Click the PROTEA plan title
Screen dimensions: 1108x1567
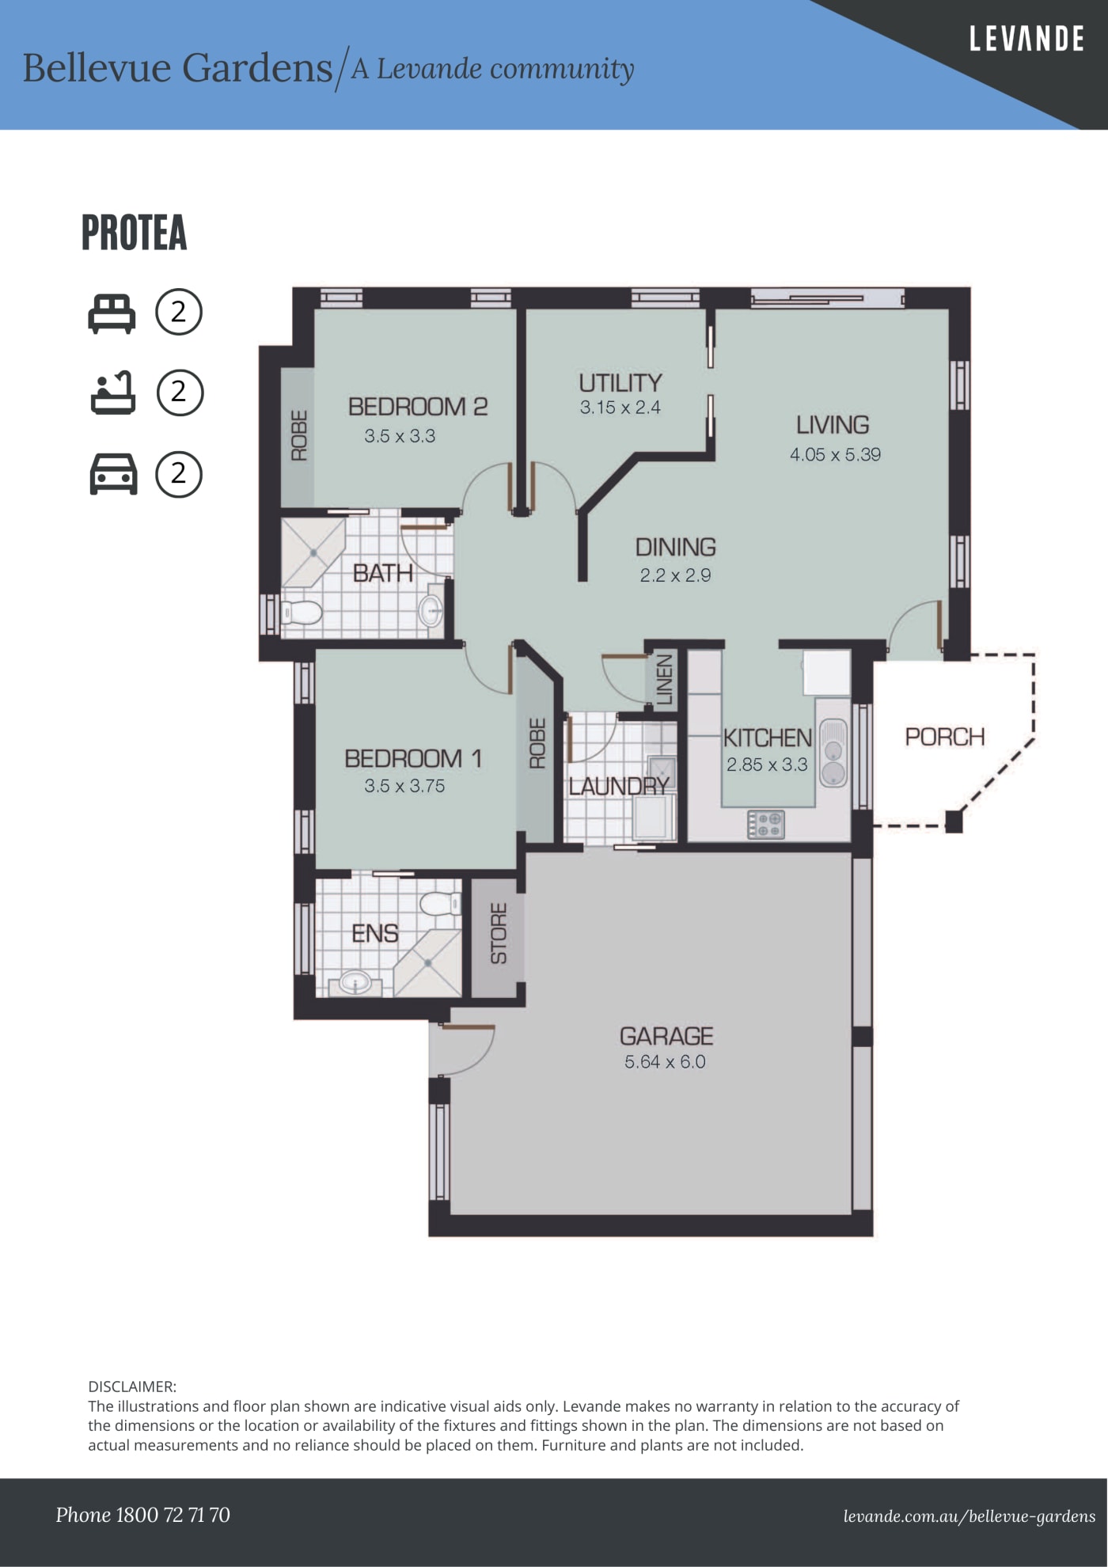click(x=135, y=233)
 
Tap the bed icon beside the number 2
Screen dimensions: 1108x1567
click(x=112, y=313)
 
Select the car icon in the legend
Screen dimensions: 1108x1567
click(x=113, y=474)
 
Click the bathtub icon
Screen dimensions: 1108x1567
click(x=113, y=393)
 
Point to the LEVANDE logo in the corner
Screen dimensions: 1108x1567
click(x=1026, y=39)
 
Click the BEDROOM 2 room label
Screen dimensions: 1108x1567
click(x=418, y=407)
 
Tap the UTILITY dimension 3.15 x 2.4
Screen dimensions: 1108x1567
click(x=620, y=408)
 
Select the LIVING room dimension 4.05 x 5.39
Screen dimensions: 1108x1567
click(x=835, y=454)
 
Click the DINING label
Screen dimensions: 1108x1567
click(x=675, y=547)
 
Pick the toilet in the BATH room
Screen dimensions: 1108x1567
click(x=302, y=612)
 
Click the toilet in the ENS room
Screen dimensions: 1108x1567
click(x=440, y=904)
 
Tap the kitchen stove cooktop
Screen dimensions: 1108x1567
click(x=765, y=825)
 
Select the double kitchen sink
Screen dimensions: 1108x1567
click(x=833, y=753)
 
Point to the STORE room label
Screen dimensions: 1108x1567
click(x=499, y=934)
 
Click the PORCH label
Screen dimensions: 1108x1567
click(x=945, y=737)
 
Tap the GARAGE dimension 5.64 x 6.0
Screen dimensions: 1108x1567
click(x=665, y=1062)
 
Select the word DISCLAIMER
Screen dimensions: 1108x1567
click(x=132, y=1387)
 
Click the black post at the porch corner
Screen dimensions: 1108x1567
click(x=954, y=823)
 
